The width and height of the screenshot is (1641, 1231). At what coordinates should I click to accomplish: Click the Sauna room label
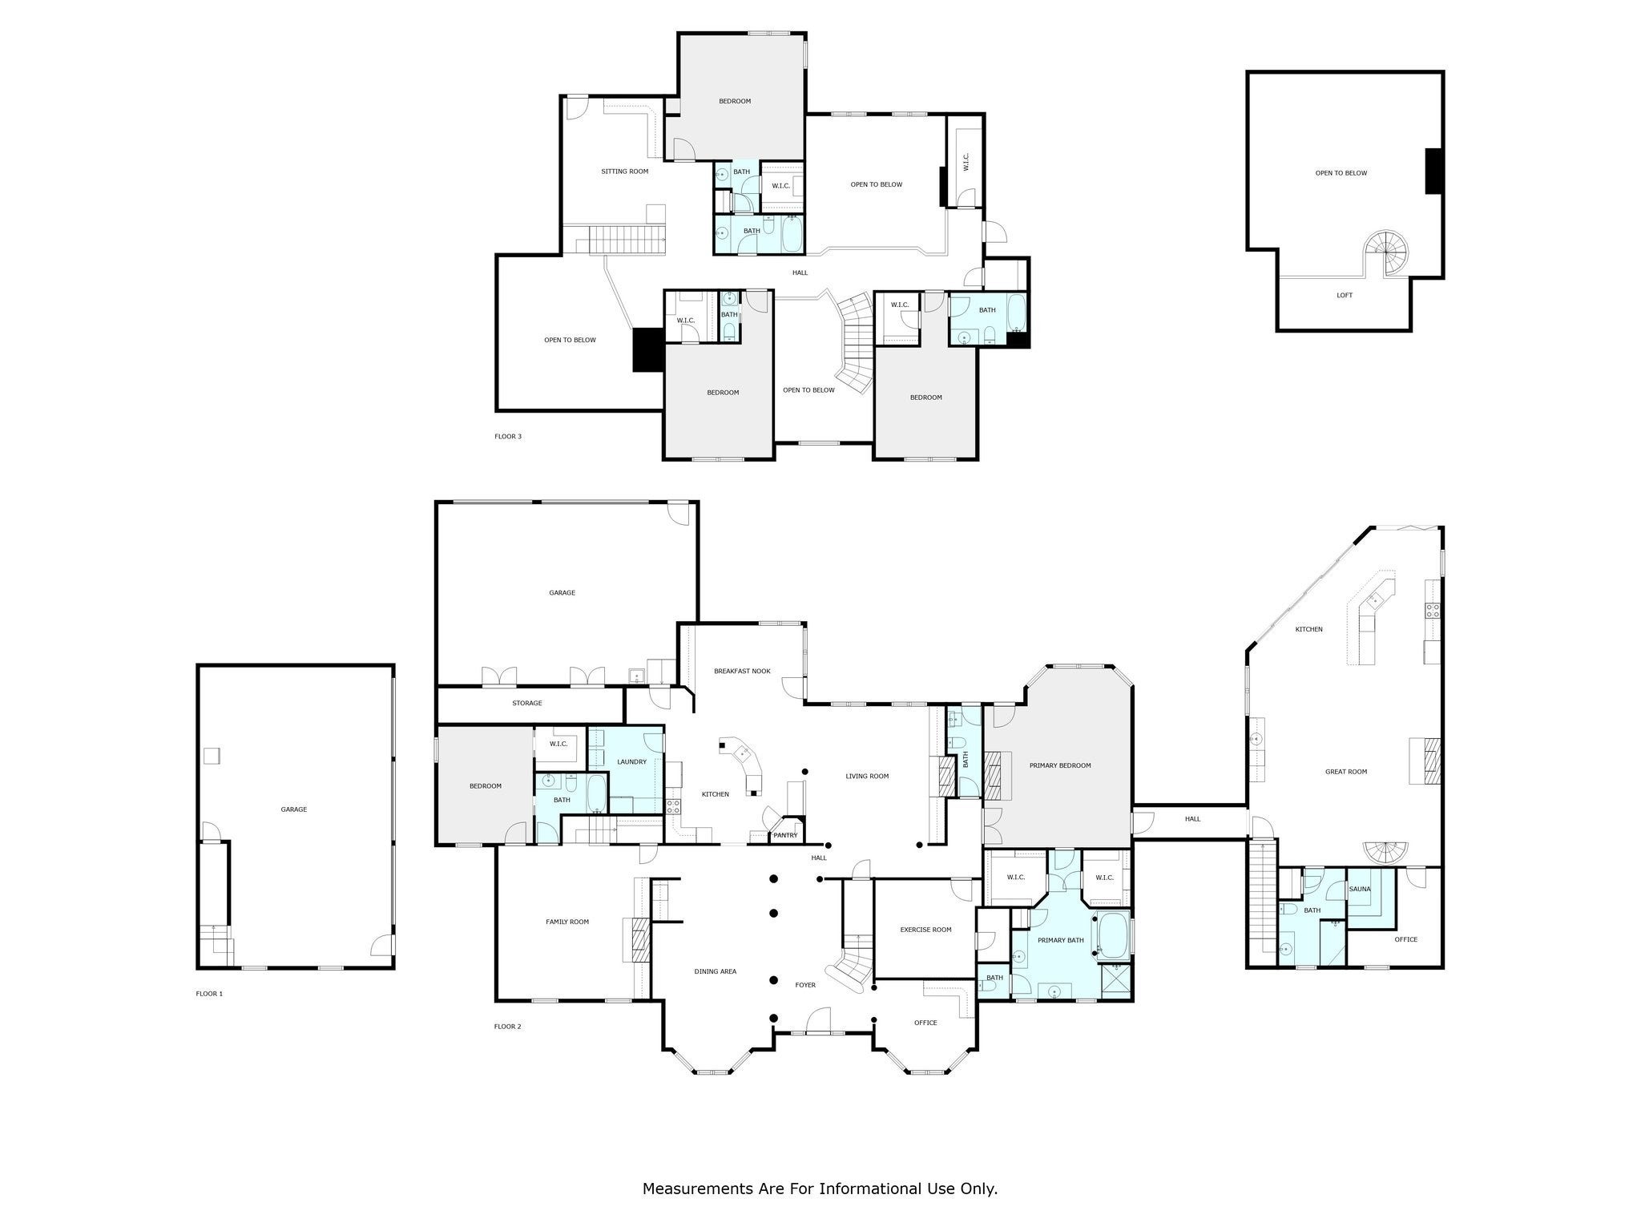click(1360, 889)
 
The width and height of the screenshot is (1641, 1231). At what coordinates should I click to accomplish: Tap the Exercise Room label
click(925, 930)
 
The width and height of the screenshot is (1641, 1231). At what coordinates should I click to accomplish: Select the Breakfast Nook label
click(742, 671)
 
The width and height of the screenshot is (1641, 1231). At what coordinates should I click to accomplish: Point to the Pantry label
click(785, 836)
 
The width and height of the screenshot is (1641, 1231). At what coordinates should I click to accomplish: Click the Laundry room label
click(631, 761)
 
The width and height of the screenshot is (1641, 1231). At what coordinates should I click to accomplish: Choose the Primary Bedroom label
click(1060, 765)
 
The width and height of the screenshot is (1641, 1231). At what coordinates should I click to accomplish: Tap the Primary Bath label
click(1060, 940)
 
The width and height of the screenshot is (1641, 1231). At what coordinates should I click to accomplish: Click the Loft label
click(1345, 295)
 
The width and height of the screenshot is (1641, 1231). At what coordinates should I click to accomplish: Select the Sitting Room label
click(625, 171)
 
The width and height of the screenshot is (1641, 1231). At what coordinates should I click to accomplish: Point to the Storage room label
click(527, 703)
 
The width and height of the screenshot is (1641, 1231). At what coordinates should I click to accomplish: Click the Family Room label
click(567, 922)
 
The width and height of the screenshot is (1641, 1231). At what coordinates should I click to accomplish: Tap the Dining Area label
click(715, 971)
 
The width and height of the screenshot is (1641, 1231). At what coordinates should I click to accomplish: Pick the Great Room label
click(1346, 772)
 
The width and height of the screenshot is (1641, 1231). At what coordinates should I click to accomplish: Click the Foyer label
click(804, 985)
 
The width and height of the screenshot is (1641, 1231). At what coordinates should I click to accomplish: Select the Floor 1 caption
click(209, 994)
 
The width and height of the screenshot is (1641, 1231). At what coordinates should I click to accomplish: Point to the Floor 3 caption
click(508, 437)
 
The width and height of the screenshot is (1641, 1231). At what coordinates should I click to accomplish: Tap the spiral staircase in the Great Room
click(1387, 853)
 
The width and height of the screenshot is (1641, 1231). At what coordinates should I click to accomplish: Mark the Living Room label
click(867, 776)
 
